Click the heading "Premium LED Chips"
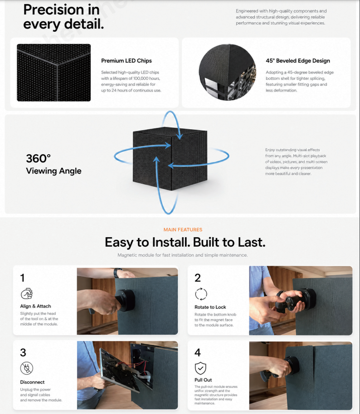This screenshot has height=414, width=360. pyautogui.click(x=126, y=61)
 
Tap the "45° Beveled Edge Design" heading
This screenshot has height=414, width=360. pyautogui.click(x=298, y=61)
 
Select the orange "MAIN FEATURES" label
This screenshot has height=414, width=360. pyautogui.click(x=183, y=230)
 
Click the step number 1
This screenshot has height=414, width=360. pyautogui.click(x=22, y=278)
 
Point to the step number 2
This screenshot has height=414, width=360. pyautogui.click(x=198, y=278)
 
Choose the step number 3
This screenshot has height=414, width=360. pyautogui.click(x=23, y=352)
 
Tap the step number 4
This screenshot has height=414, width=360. pyautogui.click(x=198, y=352)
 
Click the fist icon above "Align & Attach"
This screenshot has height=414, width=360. pyautogui.click(x=27, y=293)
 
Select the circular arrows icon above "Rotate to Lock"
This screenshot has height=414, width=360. pyautogui.click(x=201, y=294)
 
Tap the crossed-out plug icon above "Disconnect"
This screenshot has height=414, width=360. pyautogui.click(x=27, y=368)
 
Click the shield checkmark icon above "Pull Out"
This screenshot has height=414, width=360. pyautogui.click(x=200, y=368)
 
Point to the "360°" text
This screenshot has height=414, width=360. pyautogui.click(x=38, y=158)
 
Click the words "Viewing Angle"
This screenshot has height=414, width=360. pyautogui.click(x=54, y=171)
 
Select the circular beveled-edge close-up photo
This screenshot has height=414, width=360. pyautogui.click(x=227, y=72)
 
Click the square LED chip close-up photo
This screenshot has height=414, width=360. pyautogui.click(x=54, y=73)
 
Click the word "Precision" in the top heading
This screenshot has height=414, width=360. pyautogui.click(x=54, y=10)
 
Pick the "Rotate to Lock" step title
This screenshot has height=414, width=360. pyautogui.click(x=210, y=307)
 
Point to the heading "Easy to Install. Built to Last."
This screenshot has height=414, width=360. pyautogui.click(x=185, y=243)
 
